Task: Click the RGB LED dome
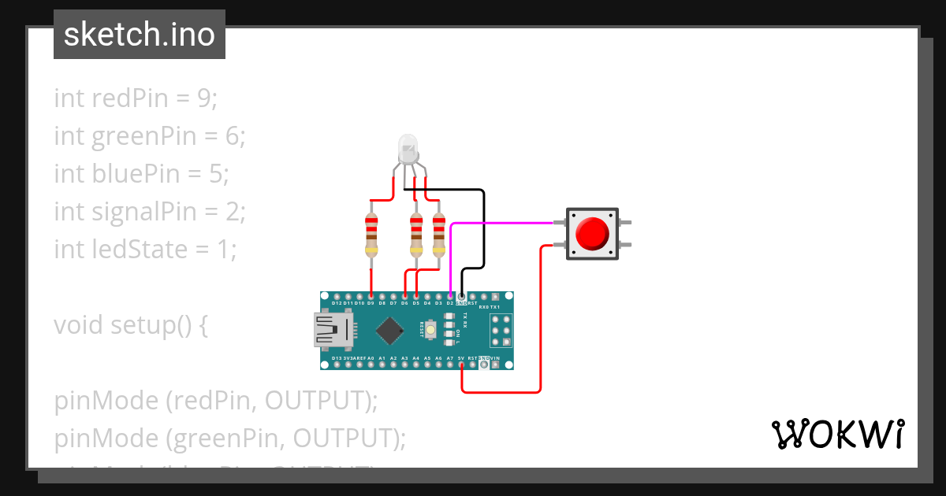(x=408, y=146)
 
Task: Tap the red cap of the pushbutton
(x=592, y=233)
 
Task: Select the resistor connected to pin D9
(x=371, y=233)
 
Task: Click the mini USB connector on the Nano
(x=331, y=330)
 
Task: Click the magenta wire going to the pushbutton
(x=505, y=224)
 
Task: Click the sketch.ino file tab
(x=139, y=35)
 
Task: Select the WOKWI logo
(x=836, y=434)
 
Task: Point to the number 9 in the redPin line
(x=204, y=98)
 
